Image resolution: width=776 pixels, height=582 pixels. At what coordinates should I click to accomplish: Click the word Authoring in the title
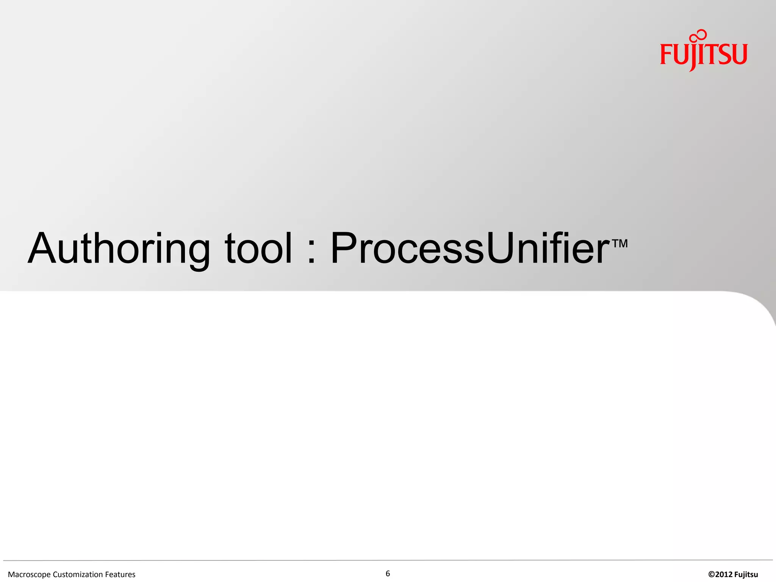pyautogui.click(x=119, y=249)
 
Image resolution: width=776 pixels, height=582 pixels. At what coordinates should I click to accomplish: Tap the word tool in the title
pyautogui.click(x=258, y=249)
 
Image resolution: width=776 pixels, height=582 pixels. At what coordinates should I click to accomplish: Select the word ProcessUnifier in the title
pyautogui.click(x=469, y=249)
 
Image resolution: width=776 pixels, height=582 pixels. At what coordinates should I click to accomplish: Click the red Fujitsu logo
pyautogui.click(x=704, y=53)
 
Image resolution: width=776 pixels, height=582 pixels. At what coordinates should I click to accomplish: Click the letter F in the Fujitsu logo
pyautogui.click(x=666, y=54)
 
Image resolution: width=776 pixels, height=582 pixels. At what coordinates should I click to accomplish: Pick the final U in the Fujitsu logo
pyautogui.click(x=739, y=54)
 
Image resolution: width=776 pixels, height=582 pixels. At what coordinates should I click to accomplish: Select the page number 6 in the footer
pyautogui.click(x=388, y=574)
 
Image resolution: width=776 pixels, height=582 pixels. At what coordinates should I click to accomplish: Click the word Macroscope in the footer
pyautogui.click(x=29, y=575)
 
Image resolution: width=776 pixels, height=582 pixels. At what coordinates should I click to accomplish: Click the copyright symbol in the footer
pyautogui.click(x=711, y=575)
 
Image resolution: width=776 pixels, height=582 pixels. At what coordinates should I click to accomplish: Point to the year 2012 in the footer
pyautogui.click(x=723, y=575)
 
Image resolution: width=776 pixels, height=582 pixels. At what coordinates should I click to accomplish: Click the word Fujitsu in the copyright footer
pyautogui.click(x=746, y=575)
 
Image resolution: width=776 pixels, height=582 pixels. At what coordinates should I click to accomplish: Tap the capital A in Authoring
pyautogui.click(x=43, y=249)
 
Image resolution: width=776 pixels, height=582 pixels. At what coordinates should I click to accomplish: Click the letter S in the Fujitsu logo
pyautogui.click(x=724, y=54)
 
